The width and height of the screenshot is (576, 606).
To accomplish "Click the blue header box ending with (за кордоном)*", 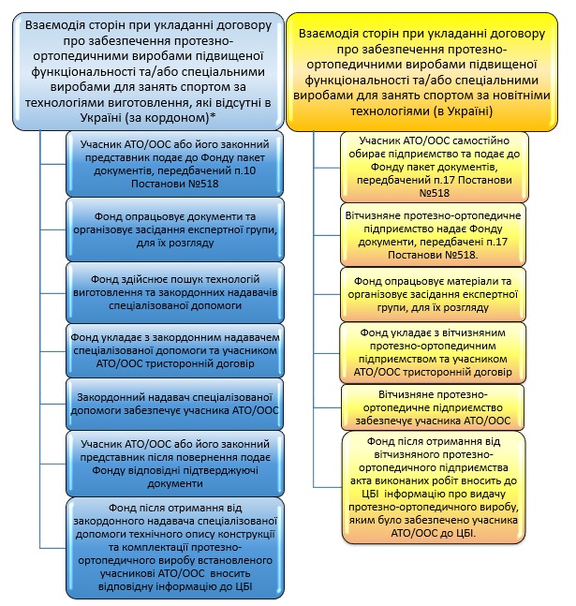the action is pos(148,71).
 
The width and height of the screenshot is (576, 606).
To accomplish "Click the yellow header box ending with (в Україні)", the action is pos(421,72).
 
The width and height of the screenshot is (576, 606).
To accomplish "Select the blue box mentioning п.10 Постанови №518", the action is pos(175,164).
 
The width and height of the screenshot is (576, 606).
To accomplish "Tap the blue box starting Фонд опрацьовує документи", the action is pos(175,229).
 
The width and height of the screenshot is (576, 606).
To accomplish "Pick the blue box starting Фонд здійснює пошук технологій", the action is pos(175,292).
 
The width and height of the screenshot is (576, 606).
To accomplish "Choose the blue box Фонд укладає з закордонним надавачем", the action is pos(175,350).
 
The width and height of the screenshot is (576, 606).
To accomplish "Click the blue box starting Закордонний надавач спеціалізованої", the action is pos(175,404).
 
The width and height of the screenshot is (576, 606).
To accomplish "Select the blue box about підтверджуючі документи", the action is pos(175,464).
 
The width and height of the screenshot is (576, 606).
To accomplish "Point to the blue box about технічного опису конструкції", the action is pos(175,548).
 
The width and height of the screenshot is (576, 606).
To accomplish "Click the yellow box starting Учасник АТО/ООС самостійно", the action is pos(435,167).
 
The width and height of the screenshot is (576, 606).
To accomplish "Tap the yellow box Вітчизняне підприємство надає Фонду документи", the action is pos(433,235).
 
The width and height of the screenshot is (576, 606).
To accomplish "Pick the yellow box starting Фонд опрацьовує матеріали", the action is pos(433,294).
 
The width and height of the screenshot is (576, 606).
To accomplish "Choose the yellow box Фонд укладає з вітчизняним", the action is pos(433,352).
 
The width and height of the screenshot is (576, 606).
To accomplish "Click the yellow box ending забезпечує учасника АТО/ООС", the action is pos(433,407).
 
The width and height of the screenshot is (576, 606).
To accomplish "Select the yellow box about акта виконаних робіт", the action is pos(434,488).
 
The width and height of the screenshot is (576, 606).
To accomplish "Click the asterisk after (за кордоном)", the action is pos(213,116).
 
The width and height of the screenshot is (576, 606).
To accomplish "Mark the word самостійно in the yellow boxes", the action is pos(480,140).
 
